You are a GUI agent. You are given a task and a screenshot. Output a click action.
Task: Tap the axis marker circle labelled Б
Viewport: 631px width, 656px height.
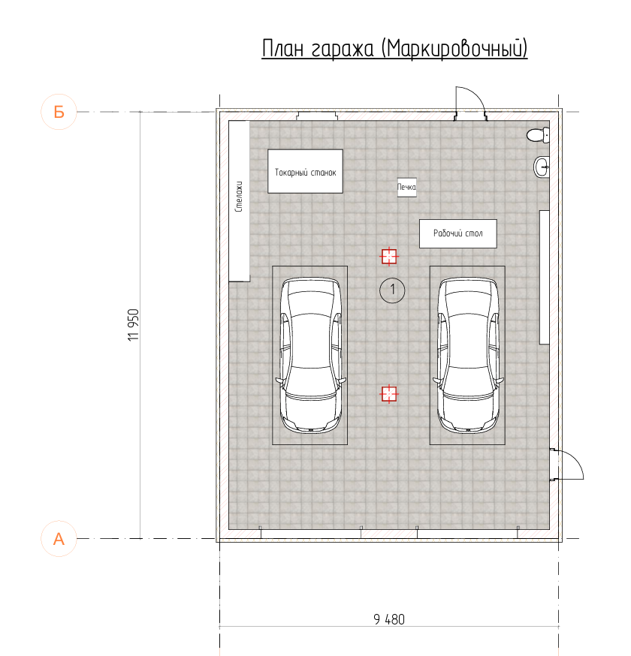tap(59, 112)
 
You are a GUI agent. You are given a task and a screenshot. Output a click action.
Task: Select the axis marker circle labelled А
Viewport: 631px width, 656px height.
tap(59, 538)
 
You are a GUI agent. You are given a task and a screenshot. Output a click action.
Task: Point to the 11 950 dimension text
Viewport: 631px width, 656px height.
tap(133, 325)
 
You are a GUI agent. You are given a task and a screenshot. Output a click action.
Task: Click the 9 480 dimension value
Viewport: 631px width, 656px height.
tap(389, 619)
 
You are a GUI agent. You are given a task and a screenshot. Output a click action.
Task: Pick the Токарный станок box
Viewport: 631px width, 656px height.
tap(305, 172)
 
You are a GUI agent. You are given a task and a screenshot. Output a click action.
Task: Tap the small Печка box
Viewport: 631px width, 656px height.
tap(406, 187)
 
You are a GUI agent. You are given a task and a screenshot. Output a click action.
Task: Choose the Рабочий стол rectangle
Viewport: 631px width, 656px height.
tap(458, 233)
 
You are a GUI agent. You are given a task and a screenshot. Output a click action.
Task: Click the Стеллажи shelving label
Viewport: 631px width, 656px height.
tap(239, 197)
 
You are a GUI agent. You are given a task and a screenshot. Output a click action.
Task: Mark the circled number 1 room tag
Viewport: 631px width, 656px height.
tap(392, 290)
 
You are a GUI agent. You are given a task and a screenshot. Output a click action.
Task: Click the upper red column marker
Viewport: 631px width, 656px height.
tap(389, 257)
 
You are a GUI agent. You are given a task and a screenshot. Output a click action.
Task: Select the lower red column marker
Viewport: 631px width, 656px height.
tap(389, 394)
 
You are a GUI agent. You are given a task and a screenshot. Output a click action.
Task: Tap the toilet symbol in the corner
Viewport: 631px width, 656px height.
tap(538, 135)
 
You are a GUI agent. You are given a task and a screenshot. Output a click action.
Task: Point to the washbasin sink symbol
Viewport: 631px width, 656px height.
tap(542, 167)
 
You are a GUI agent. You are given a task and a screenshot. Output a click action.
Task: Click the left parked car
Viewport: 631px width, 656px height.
tap(310, 355)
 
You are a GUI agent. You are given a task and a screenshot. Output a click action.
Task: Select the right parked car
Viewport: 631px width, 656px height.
tap(468, 355)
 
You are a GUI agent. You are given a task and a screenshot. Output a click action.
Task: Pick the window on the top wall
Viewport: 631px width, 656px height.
tap(317, 116)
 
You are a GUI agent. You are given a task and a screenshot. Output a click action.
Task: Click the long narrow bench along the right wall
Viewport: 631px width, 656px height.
tap(545, 278)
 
